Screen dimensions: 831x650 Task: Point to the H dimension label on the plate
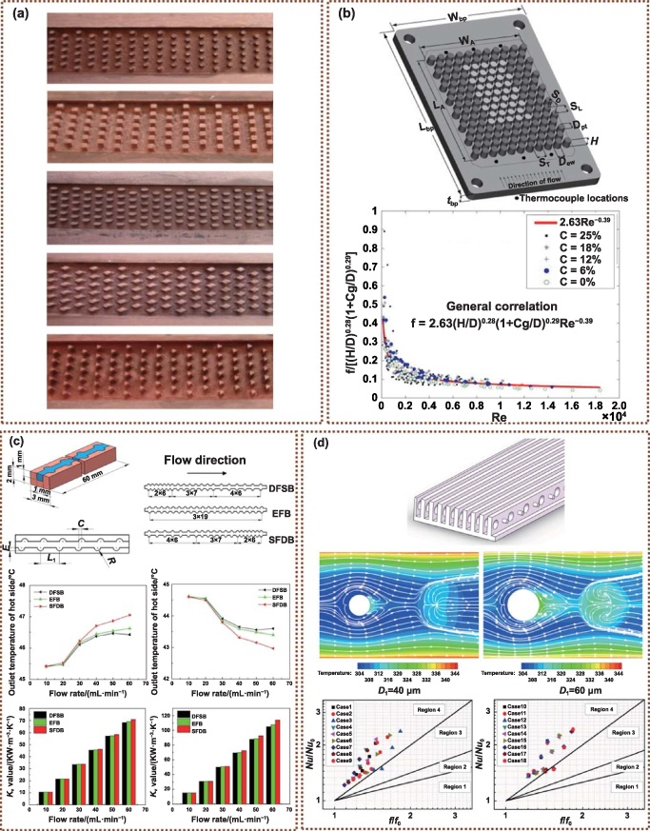pos(597,139)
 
